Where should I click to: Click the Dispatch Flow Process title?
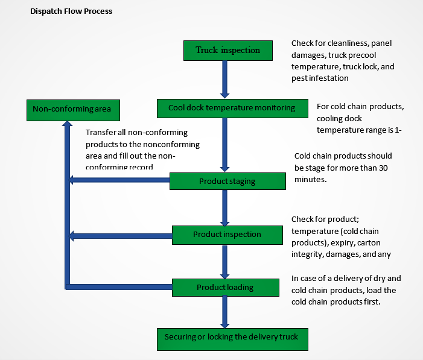(x=71, y=11)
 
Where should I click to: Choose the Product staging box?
(x=227, y=181)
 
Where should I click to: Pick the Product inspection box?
(x=227, y=234)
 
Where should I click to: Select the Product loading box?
(x=225, y=287)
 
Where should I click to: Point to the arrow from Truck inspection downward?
(x=224, y=78)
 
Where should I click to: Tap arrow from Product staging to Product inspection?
(x=224, y=207)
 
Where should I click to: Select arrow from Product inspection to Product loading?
(x=224, y=260)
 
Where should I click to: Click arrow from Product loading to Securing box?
(x=224, y=312)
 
